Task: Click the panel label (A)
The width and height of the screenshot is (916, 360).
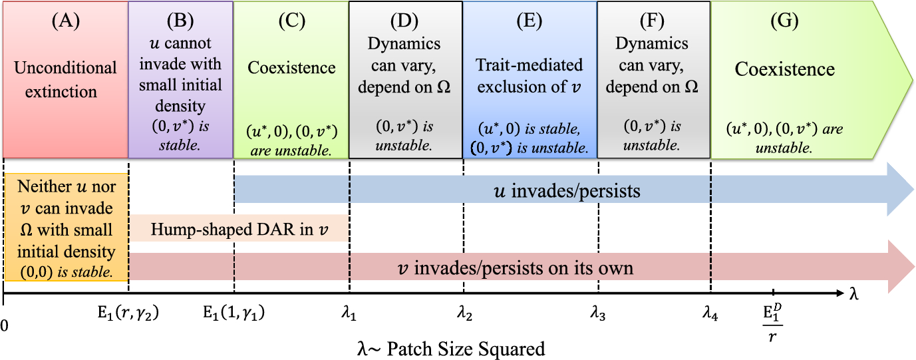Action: [x=65, y=21]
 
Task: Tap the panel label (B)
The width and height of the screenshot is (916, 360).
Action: [x=180, y=21]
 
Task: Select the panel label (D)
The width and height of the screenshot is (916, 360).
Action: [x=404, y=21]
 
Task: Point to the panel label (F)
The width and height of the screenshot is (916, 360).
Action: [x=652, y=21]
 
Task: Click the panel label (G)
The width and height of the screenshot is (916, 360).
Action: [x=784, y=21]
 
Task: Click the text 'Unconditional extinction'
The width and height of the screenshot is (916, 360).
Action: [x=65, y=79]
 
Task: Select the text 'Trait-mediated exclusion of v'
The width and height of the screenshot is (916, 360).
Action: [x=529, y=76]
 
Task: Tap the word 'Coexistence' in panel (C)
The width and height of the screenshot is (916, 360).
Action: [x=291, y=67]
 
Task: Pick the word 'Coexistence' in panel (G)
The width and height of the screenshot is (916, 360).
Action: [x=784, y=69]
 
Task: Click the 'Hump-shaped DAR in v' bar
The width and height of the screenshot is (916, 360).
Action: [x=239, y=228]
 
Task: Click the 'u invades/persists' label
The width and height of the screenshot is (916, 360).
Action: [x=567, y=191]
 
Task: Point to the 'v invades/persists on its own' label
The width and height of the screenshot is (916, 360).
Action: [x=516, y=268]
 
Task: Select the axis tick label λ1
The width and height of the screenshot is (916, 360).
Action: [x=349, y=313]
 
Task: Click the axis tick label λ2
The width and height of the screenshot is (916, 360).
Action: [x=464, y=313]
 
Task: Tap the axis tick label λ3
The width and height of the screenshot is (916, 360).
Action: [x=597, y=313]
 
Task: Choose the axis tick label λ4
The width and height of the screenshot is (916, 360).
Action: [x=710, y=313]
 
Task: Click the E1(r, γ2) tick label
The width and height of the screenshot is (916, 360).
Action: [x=128, y=313]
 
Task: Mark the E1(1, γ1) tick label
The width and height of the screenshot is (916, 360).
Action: [x=234, y=313]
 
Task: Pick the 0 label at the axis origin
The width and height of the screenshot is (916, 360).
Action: [x=4, y=325]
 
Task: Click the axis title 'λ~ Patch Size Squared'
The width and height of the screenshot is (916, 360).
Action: [x=451, y=349]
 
